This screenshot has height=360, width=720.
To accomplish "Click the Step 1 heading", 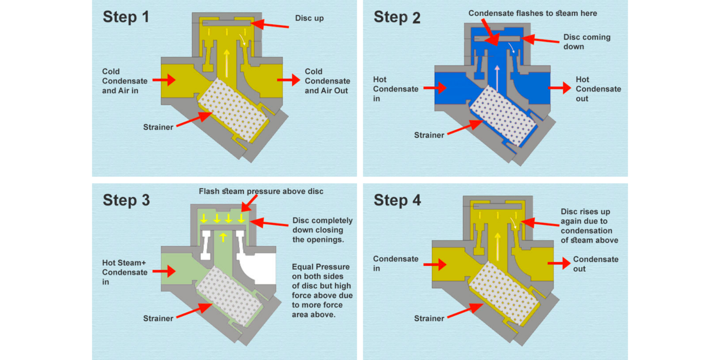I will [126, 17].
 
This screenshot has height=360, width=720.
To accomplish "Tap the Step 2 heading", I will [397, 17].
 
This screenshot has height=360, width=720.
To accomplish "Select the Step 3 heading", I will [126, 200].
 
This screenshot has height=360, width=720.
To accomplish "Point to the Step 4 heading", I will [397, 200].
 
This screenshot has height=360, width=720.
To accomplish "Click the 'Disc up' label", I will [309, 19].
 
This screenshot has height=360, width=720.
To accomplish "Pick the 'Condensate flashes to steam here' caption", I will [533, 14].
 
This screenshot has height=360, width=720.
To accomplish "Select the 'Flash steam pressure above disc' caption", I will [261, 191].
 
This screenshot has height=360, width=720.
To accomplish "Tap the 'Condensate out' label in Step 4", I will [595, 264].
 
